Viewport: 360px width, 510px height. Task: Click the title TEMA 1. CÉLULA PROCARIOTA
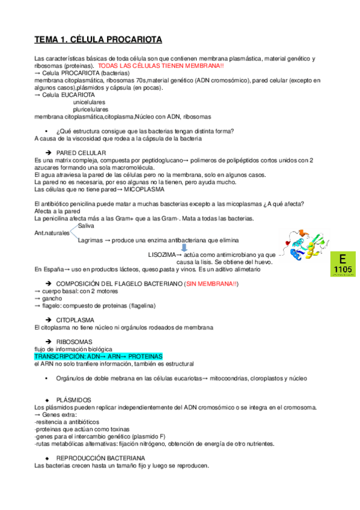pyautogui.click(x=98, y=40)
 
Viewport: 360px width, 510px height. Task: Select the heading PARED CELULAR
pyautogui.click(x=81, y=153)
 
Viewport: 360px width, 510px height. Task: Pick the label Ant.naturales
pyautogui.click(x=52, y=233)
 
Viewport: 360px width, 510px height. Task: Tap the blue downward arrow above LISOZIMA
pyautogui.click(x=185, y=246)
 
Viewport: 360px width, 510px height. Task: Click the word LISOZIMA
pyautogui.click(x=162, y=254)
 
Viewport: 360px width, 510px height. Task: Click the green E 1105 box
pyautogui.click(x=343, y=265)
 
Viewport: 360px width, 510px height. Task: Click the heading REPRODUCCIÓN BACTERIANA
pyautogui.click(x=100, y=458)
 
